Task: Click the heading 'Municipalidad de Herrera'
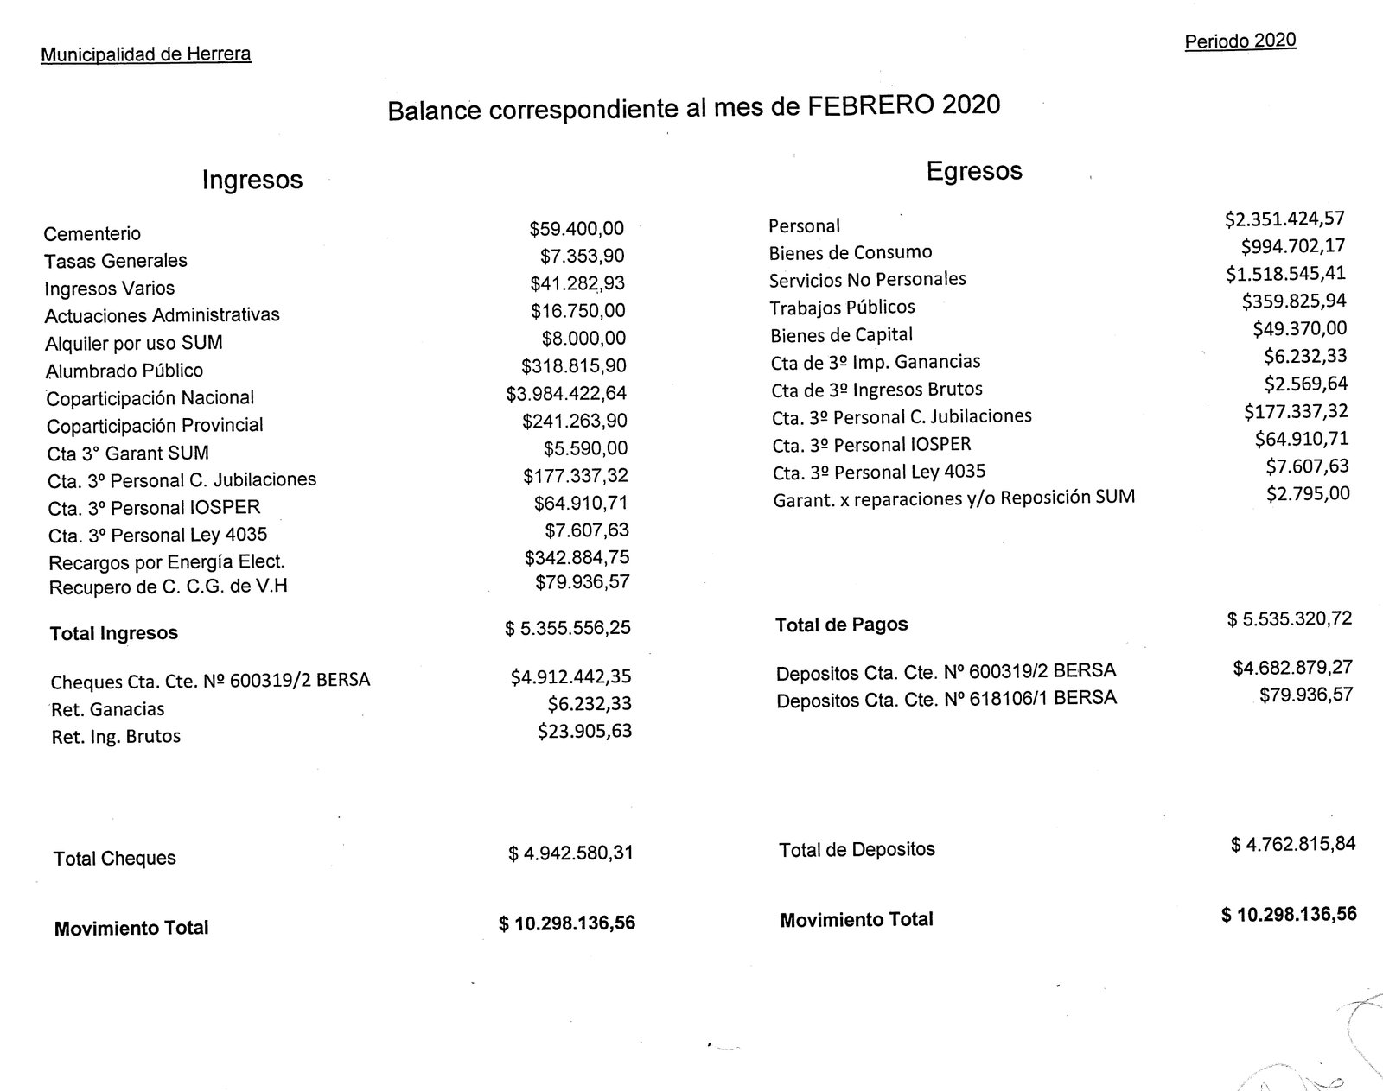tap(145, 54)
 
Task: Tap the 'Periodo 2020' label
tap(1240, 41)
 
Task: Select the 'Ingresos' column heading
tap(252, 180)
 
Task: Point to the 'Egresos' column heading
tap(973, 171)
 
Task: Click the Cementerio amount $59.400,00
tap(576, 229)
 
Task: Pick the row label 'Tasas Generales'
tap(116, 261)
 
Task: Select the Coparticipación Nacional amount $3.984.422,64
tap(566, 394)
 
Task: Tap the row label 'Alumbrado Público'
tap(124, 371)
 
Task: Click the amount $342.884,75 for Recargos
tap(577, 557)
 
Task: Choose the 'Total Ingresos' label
tap(114, 633)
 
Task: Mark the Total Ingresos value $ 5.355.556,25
tap(567, 628)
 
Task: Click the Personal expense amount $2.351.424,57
tap(1284, 219)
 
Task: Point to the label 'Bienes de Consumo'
tap(851, 253)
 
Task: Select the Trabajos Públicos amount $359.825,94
tap(1293, 301)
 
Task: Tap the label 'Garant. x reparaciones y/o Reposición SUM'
tap(953, 498)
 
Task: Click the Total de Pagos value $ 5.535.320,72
tap(1289, 619)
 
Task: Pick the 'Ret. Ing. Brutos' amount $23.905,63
tap(584, 732)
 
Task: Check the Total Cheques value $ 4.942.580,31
tap(570, 853)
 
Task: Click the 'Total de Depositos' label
tap(857, 850)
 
